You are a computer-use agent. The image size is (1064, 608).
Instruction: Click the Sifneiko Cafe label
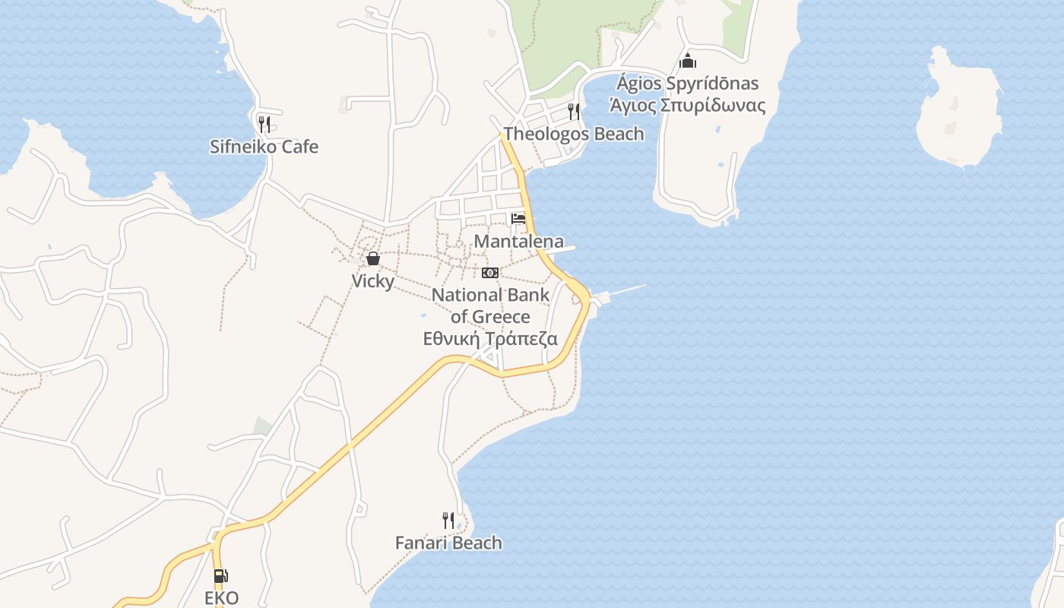click(264, 147)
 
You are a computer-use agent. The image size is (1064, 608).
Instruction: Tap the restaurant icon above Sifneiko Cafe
click(264, 124)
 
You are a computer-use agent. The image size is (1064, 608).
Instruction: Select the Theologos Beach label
click(574, 134)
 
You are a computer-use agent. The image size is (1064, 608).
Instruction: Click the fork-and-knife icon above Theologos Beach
click(574, 112)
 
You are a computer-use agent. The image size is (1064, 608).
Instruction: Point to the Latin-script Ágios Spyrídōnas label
click(687, 84)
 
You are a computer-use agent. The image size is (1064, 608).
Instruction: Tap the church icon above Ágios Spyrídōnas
click(688, 61)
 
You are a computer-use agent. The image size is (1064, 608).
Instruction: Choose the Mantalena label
click(519, 242)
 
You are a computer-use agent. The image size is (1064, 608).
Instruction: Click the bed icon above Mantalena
click(518, 219)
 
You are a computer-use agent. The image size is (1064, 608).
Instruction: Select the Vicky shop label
click(372, 281)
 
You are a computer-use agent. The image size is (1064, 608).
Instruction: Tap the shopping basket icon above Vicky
click(373, 258)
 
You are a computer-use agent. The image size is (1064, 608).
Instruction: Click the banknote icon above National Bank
click(490, 272)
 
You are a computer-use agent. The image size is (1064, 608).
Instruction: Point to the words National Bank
click(490, 295)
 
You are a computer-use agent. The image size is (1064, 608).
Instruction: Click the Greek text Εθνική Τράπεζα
click(490, 339)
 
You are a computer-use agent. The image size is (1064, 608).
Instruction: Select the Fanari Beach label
click(448, 543)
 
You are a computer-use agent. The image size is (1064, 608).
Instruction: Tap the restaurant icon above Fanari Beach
click(448, 521)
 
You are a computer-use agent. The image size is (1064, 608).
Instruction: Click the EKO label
click(221, 597)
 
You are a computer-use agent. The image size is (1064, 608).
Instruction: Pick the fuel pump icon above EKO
click(220, 577)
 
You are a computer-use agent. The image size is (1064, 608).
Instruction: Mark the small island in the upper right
click(959, 110)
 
